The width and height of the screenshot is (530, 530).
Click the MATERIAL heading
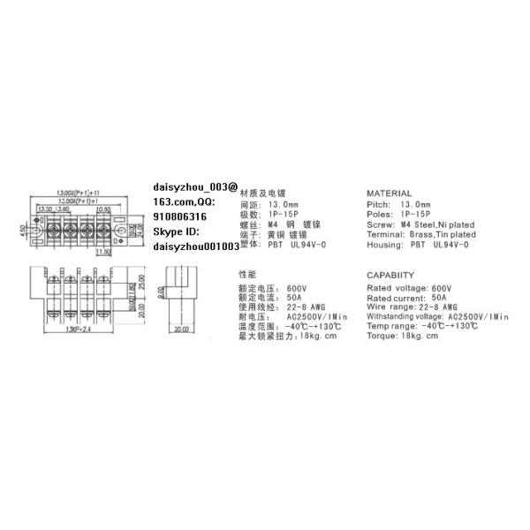point(389,193)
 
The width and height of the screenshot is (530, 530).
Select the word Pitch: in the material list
point(381,204)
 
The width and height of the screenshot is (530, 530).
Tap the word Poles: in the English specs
point(382,214)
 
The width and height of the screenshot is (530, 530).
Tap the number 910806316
point(180,216)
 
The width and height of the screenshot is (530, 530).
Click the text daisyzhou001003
point(196,247)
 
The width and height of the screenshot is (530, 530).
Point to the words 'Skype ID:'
point(177,231)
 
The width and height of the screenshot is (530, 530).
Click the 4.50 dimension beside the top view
point(26,231)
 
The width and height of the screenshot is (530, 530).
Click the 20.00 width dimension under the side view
point(182,330)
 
